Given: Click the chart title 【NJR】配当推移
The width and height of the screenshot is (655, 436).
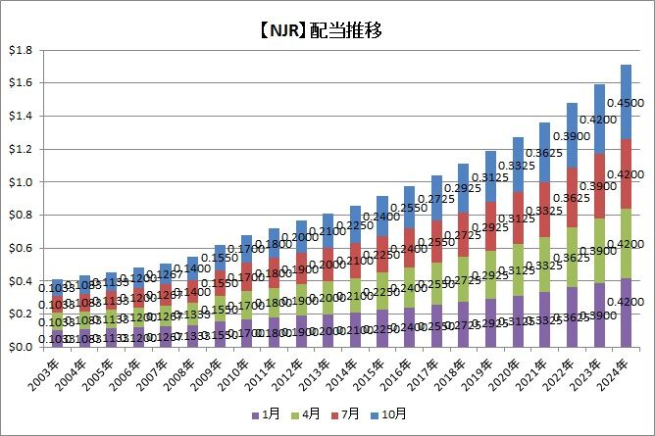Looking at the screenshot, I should pos(327,28).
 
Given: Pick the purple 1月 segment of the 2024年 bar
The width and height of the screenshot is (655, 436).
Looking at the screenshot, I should pos(626,313).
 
